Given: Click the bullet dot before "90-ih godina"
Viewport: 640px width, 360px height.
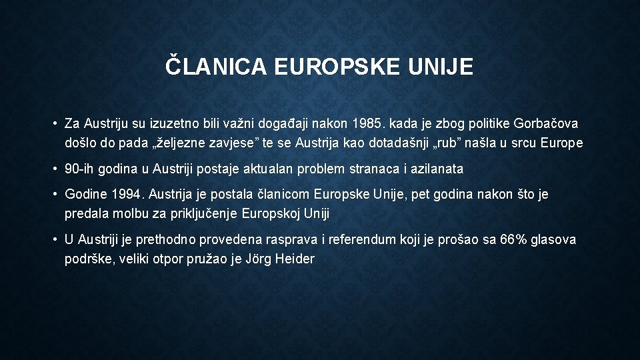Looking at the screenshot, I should coord(55,169).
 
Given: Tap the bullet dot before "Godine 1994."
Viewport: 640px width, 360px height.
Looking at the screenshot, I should coord(55,195).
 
